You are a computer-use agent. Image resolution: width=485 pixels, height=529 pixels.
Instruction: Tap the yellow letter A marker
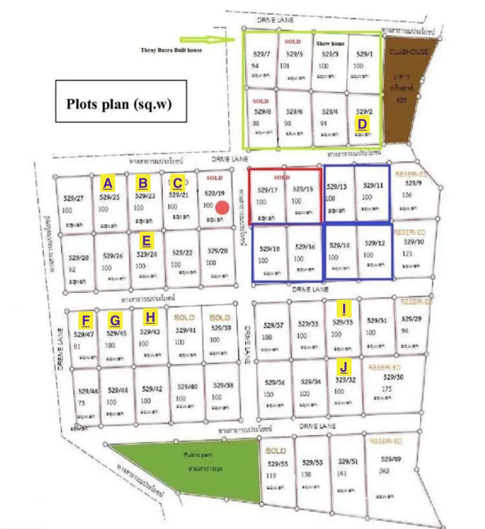tap(107, 183)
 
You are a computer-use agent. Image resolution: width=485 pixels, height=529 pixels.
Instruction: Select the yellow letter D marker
tap(362, 124)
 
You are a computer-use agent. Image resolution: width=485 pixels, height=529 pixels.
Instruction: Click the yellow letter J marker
tap(344, 367)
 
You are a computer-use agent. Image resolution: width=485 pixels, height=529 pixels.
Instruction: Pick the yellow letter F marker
tap(85, 320)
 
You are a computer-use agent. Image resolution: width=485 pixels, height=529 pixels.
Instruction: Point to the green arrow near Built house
tap(207, 40)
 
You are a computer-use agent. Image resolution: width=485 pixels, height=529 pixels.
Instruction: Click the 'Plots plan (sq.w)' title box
tap(121, 101)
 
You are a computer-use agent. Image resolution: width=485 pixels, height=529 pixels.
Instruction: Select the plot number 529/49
tap(391, 459)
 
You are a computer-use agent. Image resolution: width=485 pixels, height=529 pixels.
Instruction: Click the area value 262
tap(384, 471)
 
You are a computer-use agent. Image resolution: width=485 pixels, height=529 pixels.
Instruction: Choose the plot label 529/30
tap(393, 377)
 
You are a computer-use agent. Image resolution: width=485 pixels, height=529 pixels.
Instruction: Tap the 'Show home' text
tap(330, 43)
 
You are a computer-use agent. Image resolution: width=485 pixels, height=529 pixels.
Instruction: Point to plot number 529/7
tap(261, 54)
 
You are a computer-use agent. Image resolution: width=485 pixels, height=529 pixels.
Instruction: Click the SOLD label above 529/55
tap(275, 451)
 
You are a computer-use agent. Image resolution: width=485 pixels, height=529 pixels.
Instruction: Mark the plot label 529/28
tap(78, 258)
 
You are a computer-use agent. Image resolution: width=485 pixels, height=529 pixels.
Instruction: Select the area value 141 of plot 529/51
tap(341, 473)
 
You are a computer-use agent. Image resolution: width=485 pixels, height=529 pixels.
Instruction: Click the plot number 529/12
tap(375, 243)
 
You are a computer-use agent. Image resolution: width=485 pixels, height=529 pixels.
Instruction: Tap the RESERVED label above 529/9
tap(411, 174)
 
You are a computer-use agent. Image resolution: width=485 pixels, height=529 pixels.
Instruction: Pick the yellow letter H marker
tap(150, 318)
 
